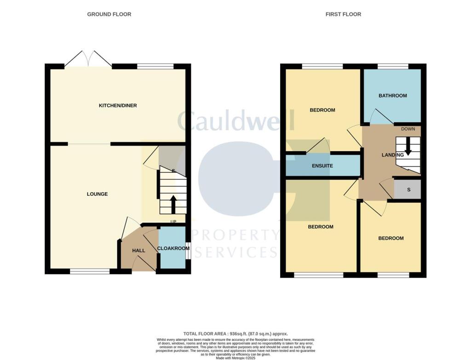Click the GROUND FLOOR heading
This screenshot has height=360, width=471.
109,14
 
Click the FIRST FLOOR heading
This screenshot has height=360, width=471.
343,14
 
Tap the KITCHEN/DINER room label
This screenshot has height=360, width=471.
118,105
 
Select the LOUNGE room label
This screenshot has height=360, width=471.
97,194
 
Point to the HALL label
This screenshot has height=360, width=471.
138,250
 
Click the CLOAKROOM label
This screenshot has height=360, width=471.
173,248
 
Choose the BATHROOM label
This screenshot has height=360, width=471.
392,96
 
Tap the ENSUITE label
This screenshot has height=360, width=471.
322,166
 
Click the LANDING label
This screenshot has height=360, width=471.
392,155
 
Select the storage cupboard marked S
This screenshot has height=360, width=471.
408,190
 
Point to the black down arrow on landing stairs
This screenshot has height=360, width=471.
408,146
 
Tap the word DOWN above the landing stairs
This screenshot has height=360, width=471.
408,129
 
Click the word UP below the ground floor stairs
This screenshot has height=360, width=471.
173,222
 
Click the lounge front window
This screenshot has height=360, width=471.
90,272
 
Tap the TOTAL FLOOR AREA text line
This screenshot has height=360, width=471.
235,333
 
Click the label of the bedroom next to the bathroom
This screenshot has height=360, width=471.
322,110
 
